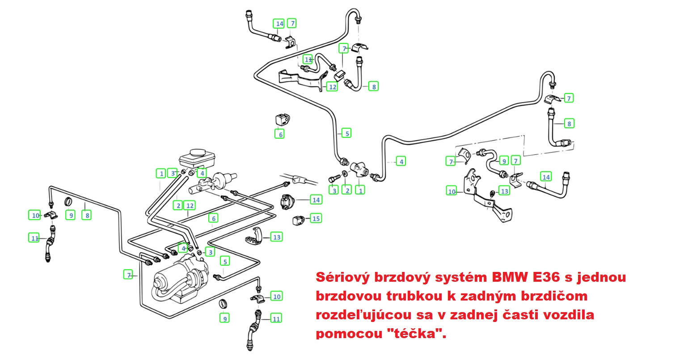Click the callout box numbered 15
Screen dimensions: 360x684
pyautogui.click(x=317, y=219)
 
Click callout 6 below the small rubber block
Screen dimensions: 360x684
pyautogui.click(x=279, y=134)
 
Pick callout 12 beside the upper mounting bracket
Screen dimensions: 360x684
pyautogui.click(x=332, y=87)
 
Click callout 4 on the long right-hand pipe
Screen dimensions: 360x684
pyautogui.click(x=401, y=161)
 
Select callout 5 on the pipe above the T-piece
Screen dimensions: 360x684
pyautogui.click(x=346, y=133)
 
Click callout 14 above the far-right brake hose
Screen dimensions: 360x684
pyautogui.click(x=546, y=177)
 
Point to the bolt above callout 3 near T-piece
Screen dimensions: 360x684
pyautogui.click(x=333, y=178)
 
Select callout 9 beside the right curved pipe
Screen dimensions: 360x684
pyautogui.click(x=504, y=161)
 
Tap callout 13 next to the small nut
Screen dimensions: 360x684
pyautogui.click(x=504, y=191)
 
